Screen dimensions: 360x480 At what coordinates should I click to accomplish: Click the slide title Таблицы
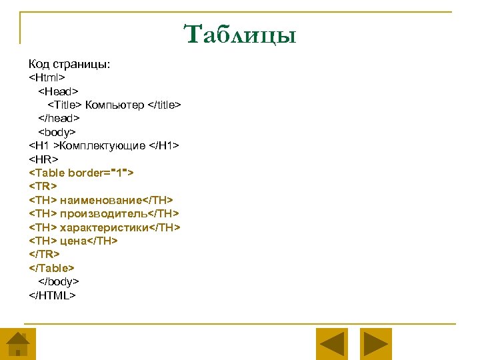click(x=239, y=34)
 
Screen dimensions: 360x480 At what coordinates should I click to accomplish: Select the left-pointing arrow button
click(x=331, y=344)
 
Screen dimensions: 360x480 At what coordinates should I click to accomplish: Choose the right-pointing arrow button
click(x=376, y=344)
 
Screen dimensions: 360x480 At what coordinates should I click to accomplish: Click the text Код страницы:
click(x=69, y=64)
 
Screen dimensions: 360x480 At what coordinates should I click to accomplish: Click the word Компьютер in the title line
click(x=114, y=105)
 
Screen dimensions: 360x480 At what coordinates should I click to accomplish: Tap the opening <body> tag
click(x=57, y=132)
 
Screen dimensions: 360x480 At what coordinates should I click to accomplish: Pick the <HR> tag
click(x=43, y=159)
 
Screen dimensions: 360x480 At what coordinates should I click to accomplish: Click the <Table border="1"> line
click(x=81, y=173)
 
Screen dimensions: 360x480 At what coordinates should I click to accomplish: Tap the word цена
click(x=73, y=241)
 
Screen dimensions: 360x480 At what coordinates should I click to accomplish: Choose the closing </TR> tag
click(x=45, y=254)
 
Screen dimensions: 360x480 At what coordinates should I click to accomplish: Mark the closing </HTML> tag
click(x=53, y=295)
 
